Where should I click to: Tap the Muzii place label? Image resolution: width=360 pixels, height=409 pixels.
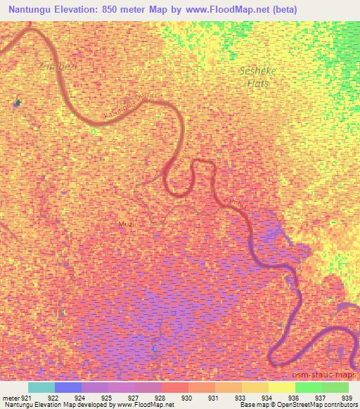tap(129, 224)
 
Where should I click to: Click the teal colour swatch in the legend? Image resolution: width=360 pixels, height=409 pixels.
tap(41, 387)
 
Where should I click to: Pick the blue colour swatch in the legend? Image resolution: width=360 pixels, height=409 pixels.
tap(68, 387)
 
